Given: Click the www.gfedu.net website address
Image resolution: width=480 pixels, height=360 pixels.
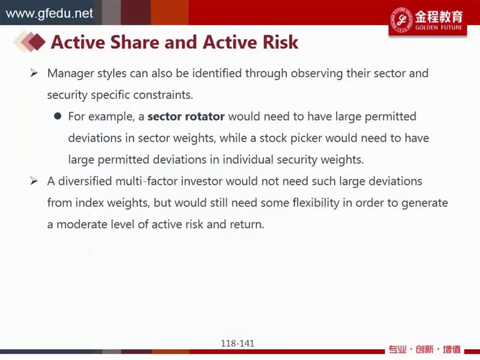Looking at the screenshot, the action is pyautogui.click(x=49, y=13).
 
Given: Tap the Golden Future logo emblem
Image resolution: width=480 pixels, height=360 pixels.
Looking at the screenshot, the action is pyautogui.click(x=401, y=20).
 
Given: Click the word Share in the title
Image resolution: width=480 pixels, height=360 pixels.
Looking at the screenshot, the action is pyautogui.click(x=134, y=42).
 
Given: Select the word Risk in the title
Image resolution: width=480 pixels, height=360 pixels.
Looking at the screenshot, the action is pyautogui.click(x=280, y=42).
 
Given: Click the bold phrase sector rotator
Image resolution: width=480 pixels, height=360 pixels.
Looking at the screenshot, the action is pyautogui.click(x=186, y=116).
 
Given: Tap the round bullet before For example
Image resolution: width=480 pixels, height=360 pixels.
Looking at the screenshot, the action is pyautogui.click(x=58, y=116).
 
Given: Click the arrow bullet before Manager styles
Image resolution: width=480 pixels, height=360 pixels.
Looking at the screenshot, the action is pyautogui.click(x=34, y=73).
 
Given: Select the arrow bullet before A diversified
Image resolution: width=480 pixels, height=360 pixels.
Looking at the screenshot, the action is pyautogui.click(x=34, y=181).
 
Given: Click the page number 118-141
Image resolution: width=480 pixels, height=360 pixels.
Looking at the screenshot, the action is pyautogui.click(x=238, y=343).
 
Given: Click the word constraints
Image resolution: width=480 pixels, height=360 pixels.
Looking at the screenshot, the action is pyautogui.click(x=163, y=95).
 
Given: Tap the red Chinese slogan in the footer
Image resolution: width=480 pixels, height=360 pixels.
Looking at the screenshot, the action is pyautogui.click(x=425, y=349).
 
